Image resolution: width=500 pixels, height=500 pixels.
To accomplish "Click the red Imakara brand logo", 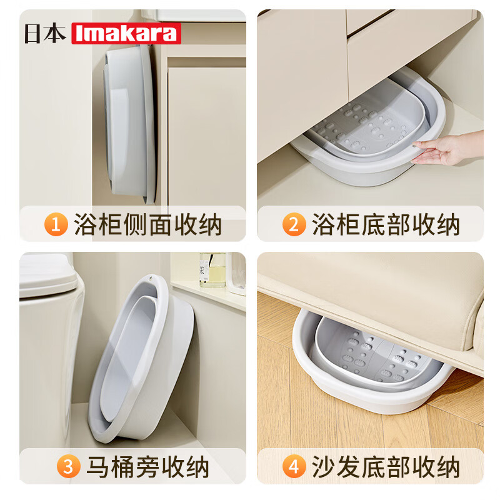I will (126, 33).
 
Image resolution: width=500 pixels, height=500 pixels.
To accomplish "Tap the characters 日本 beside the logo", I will (45, 33).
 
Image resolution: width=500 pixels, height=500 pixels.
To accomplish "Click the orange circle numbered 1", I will (56, 224).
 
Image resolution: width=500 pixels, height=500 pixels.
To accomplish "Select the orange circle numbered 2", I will (293, 224).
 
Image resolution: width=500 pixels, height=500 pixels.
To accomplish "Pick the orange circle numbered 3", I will (68, 466).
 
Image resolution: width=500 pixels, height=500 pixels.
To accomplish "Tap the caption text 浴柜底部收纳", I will (386, 224).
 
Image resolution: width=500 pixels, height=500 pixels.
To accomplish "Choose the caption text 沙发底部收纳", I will (386, 466).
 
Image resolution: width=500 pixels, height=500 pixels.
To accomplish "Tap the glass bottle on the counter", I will (212, 270).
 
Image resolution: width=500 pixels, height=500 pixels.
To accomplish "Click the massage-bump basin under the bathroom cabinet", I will (369, 131).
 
